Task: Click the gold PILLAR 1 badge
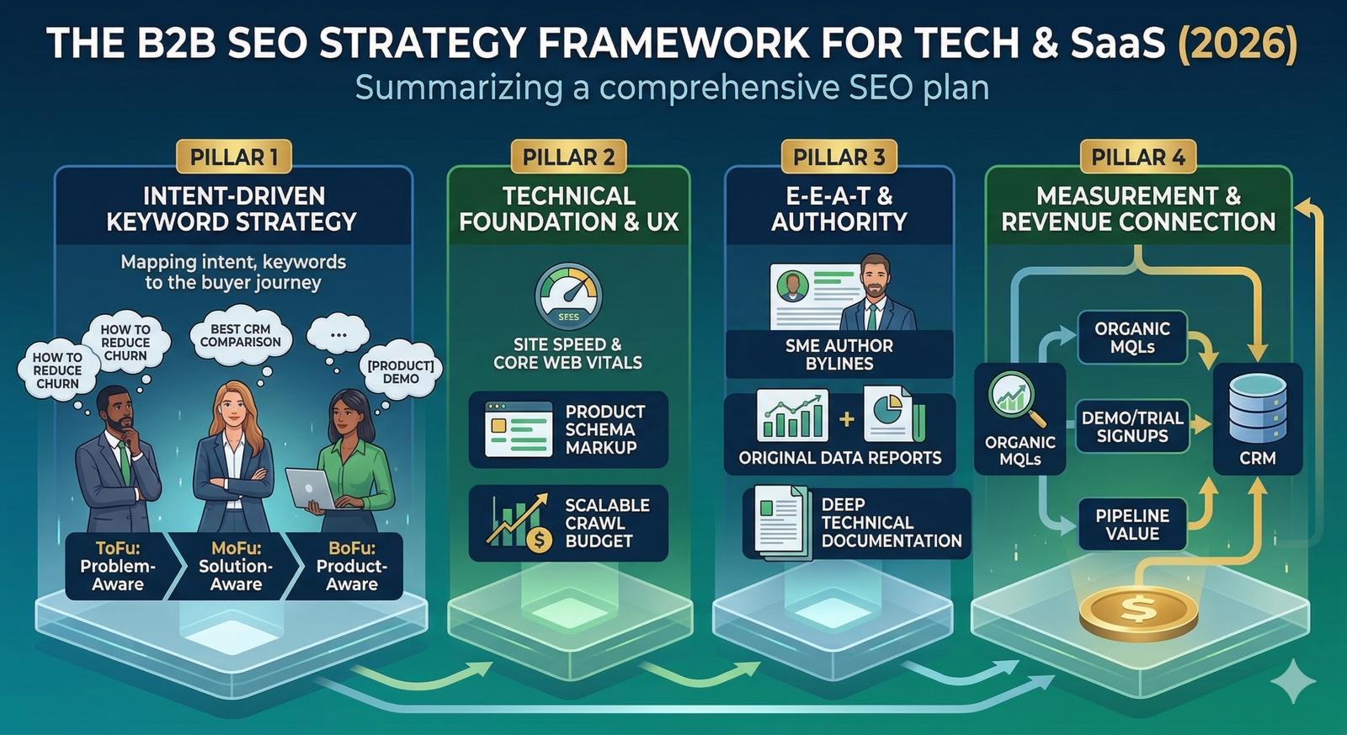(234, 157)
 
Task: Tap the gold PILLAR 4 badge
(1137, 157)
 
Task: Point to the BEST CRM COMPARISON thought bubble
(241, 336)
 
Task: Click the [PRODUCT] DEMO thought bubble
(400, 372)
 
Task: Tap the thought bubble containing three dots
(338, 333)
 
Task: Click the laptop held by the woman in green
(311, 488)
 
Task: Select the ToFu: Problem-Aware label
(118, 566)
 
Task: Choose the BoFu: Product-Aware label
(352, 566)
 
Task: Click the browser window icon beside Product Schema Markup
(519, 429)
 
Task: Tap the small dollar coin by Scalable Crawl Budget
(539, 540)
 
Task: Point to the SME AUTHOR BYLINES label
(839, 354)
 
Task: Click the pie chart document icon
(893, 415)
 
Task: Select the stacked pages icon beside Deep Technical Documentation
(780, 522)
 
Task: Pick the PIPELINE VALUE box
(1132, 525)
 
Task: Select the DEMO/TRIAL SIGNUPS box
(1132, 427)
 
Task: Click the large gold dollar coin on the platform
(1138, 614)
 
